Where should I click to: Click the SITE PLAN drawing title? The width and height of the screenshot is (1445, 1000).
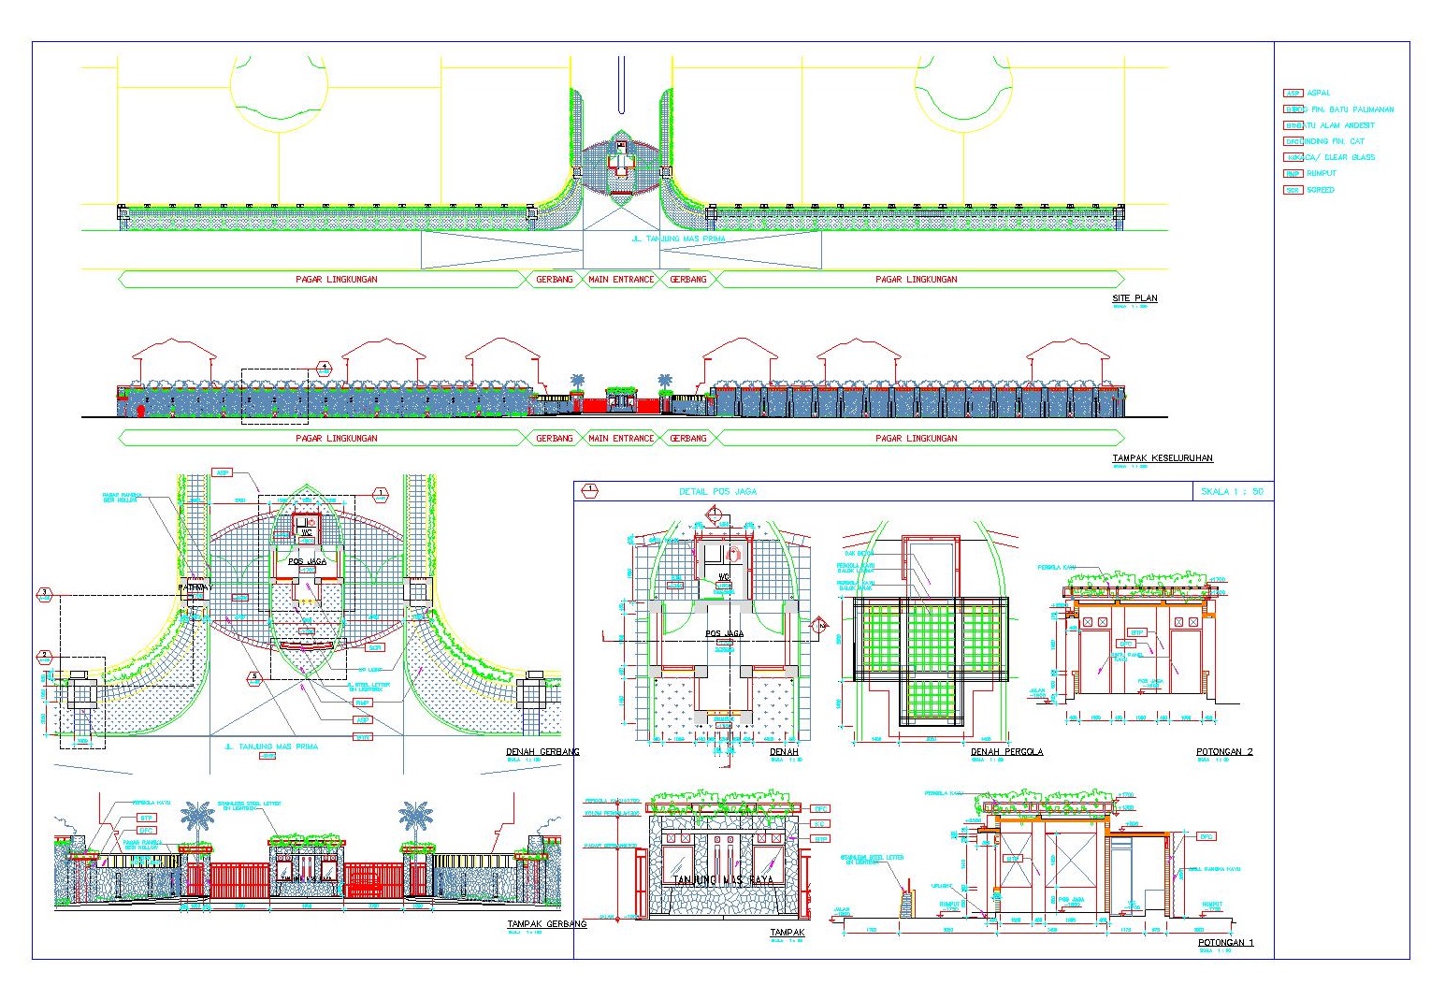coord(1134,298)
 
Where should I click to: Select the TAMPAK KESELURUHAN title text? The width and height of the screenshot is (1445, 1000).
coord(1163,458)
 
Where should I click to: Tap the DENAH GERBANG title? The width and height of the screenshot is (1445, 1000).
coord(542,751)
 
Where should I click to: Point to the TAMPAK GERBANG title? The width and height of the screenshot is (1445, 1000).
coord(547,923)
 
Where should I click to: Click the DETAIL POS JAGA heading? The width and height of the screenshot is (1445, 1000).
coord(717,491)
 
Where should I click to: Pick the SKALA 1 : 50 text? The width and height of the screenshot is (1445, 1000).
coord(1232,491)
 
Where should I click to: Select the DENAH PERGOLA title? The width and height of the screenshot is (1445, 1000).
coord(1006,751)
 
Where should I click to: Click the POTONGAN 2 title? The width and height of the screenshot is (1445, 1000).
coord(1224,751)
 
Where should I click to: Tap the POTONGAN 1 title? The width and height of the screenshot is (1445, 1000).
coord(1225,942)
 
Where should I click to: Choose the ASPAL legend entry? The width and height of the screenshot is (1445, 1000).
coord(1318,94)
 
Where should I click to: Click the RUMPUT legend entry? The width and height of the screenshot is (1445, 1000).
coord(1321,173)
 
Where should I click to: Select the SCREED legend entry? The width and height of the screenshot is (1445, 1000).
coord(1321,190)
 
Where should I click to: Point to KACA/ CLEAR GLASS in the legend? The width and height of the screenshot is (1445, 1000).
coord(1339,157)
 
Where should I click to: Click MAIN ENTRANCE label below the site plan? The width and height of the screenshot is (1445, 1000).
coord(621,279)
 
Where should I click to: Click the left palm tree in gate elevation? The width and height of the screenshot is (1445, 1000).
coord(197,817)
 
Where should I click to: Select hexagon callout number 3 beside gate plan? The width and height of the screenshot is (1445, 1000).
coord(44,593)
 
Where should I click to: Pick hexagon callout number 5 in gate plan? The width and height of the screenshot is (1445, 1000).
coord(253,676)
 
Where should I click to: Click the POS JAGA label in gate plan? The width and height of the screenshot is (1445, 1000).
coord(307,561)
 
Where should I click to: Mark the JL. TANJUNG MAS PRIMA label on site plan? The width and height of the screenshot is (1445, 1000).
coord(678,239)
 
